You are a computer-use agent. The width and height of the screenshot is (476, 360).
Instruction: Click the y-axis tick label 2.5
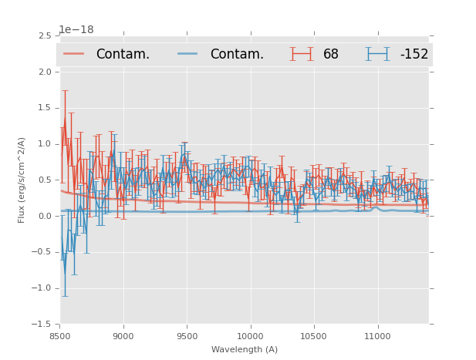pyautogui.click(x=45, y=36)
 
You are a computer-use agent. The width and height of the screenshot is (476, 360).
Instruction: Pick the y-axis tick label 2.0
pyautogui.click(x=45, y=72)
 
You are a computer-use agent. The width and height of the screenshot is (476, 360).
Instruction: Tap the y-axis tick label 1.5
pyautogui.click(x=45, y=108)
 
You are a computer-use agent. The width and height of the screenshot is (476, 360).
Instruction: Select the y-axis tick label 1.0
pyautogui.click(x=45, y=144)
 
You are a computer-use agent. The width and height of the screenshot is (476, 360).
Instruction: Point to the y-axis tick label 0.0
pyautogui.click(x=45, y=216)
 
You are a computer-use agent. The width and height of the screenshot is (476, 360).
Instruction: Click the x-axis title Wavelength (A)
pyautogui.click(x=245, y=349)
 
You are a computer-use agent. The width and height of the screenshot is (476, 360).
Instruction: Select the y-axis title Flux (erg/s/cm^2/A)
pyautogui.click(x=22, y=180)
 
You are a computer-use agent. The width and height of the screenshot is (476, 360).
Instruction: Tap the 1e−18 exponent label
pyautogui.click(x=76, y=30)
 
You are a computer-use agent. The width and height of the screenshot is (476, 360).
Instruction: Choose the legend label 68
pyautogui.click(x=331, y=54)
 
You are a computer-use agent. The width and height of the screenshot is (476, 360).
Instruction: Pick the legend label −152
pyautogui.click(x=414, y=54)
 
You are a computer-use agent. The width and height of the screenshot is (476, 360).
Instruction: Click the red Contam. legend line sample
pyautogui.click(x=74, y=54)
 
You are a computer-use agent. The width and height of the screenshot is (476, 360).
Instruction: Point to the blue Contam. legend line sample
pyautogui.click(x=188, y=54)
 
